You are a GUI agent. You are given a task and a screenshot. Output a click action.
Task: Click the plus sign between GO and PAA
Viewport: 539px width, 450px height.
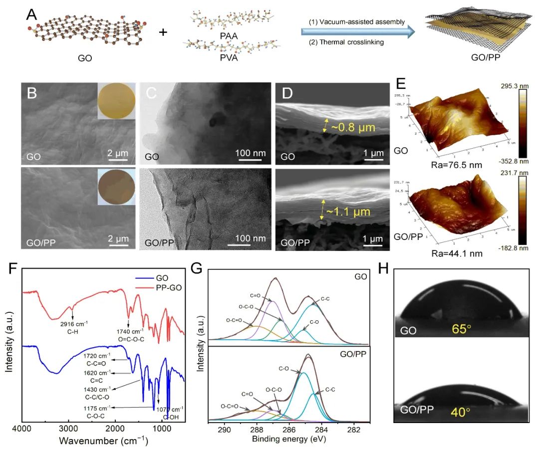(x=163, y=32)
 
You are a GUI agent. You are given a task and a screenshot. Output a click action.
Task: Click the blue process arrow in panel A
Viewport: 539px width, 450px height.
(x=357, y=32)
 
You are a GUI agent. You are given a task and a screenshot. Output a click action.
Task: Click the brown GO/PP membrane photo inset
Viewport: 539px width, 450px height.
(x=116, y=186)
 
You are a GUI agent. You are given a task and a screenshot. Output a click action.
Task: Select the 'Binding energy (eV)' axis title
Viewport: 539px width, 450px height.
(x=289, y=440)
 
